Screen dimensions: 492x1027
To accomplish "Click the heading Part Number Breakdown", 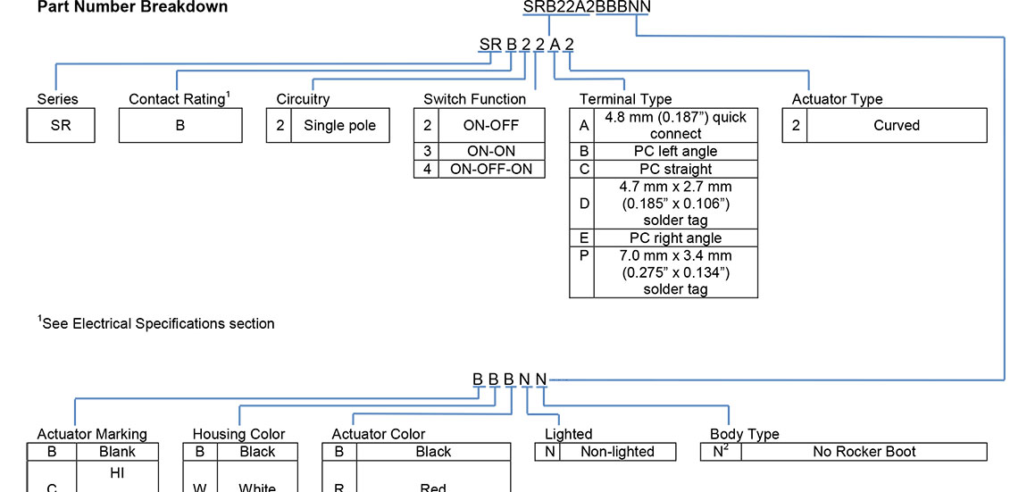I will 132,7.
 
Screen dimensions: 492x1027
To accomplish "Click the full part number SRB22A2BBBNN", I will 587,7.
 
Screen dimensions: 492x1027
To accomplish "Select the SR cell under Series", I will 61,126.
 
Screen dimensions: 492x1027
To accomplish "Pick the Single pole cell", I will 339,126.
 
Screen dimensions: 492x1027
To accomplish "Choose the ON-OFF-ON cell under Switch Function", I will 491,169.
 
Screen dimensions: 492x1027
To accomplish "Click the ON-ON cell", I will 491,152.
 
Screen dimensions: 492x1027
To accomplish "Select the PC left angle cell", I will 675,152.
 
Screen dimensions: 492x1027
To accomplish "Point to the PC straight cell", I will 675,169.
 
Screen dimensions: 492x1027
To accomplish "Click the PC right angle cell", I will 675,238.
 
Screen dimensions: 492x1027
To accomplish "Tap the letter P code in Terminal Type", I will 584,255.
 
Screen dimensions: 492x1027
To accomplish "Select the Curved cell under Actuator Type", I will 897,126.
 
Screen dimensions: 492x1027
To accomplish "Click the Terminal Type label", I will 625,99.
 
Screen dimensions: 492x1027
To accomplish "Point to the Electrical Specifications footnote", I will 156,323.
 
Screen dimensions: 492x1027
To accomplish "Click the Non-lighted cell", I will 617,452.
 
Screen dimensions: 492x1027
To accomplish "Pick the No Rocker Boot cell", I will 864,452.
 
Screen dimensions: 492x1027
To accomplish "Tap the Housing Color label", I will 238,434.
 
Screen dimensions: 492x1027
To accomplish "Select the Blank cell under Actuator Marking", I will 117,452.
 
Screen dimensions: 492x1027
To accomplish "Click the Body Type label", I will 744,434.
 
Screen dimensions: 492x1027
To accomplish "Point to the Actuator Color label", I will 379,434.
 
